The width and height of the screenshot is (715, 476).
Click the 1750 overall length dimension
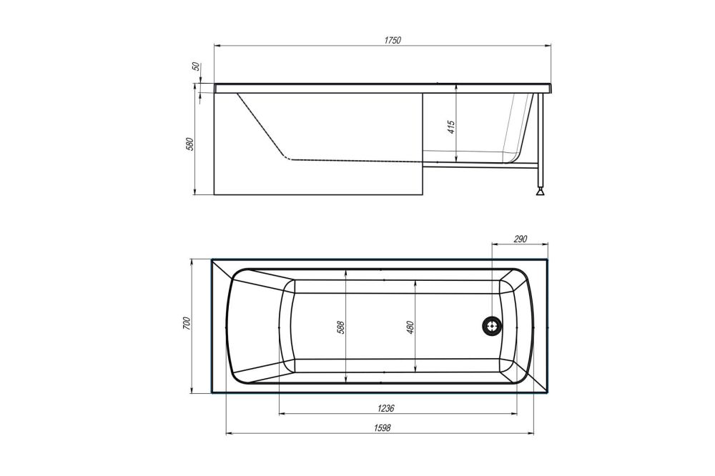[393, 40]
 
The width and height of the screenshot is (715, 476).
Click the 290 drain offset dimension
[519, 239]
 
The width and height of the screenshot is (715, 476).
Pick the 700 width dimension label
[187, 323]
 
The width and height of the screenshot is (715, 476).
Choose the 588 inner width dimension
[341, 327]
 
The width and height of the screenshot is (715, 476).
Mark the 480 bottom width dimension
[410, 327]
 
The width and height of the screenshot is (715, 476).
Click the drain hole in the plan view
[492, 326]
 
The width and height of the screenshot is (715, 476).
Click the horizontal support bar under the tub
[479, 164]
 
